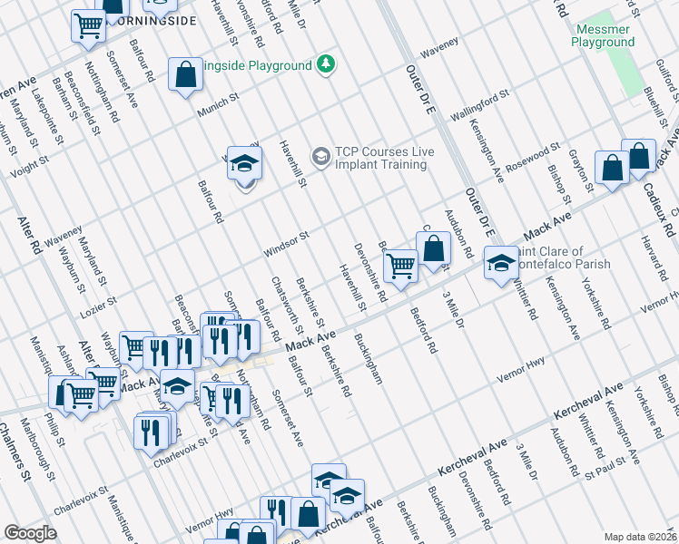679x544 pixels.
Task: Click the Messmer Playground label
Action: [604, 35]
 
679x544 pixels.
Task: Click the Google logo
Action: [31, 533]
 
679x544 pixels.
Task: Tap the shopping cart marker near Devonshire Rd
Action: [400, 266]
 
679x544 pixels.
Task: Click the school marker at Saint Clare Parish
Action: [500, 262]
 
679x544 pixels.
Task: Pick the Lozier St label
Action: [99, 302]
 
